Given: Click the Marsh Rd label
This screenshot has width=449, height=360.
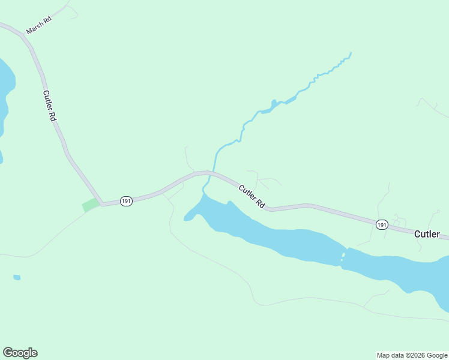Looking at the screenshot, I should [39, 25].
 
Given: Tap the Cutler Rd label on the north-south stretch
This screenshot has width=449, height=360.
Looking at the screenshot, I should [49, 106].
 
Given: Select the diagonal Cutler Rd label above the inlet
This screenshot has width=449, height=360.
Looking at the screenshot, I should [252, 196].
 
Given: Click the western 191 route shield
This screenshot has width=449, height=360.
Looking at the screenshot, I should [125, 201].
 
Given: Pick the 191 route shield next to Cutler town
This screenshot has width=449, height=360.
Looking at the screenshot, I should [382, 224].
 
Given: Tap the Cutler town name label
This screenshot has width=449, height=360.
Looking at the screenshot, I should [427, 234].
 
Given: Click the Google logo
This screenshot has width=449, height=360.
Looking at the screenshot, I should [20, 353].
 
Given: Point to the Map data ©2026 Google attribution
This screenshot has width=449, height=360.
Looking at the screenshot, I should [412, 355].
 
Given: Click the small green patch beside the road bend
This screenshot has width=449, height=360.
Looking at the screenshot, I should [90, 205].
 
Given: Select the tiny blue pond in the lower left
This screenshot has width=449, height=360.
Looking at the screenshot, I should [17, 277].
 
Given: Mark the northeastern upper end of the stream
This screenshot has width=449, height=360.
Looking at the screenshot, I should [350, 53].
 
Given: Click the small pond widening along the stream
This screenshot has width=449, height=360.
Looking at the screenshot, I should [274, 106].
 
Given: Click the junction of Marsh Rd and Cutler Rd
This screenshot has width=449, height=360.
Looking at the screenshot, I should [23, 35].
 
